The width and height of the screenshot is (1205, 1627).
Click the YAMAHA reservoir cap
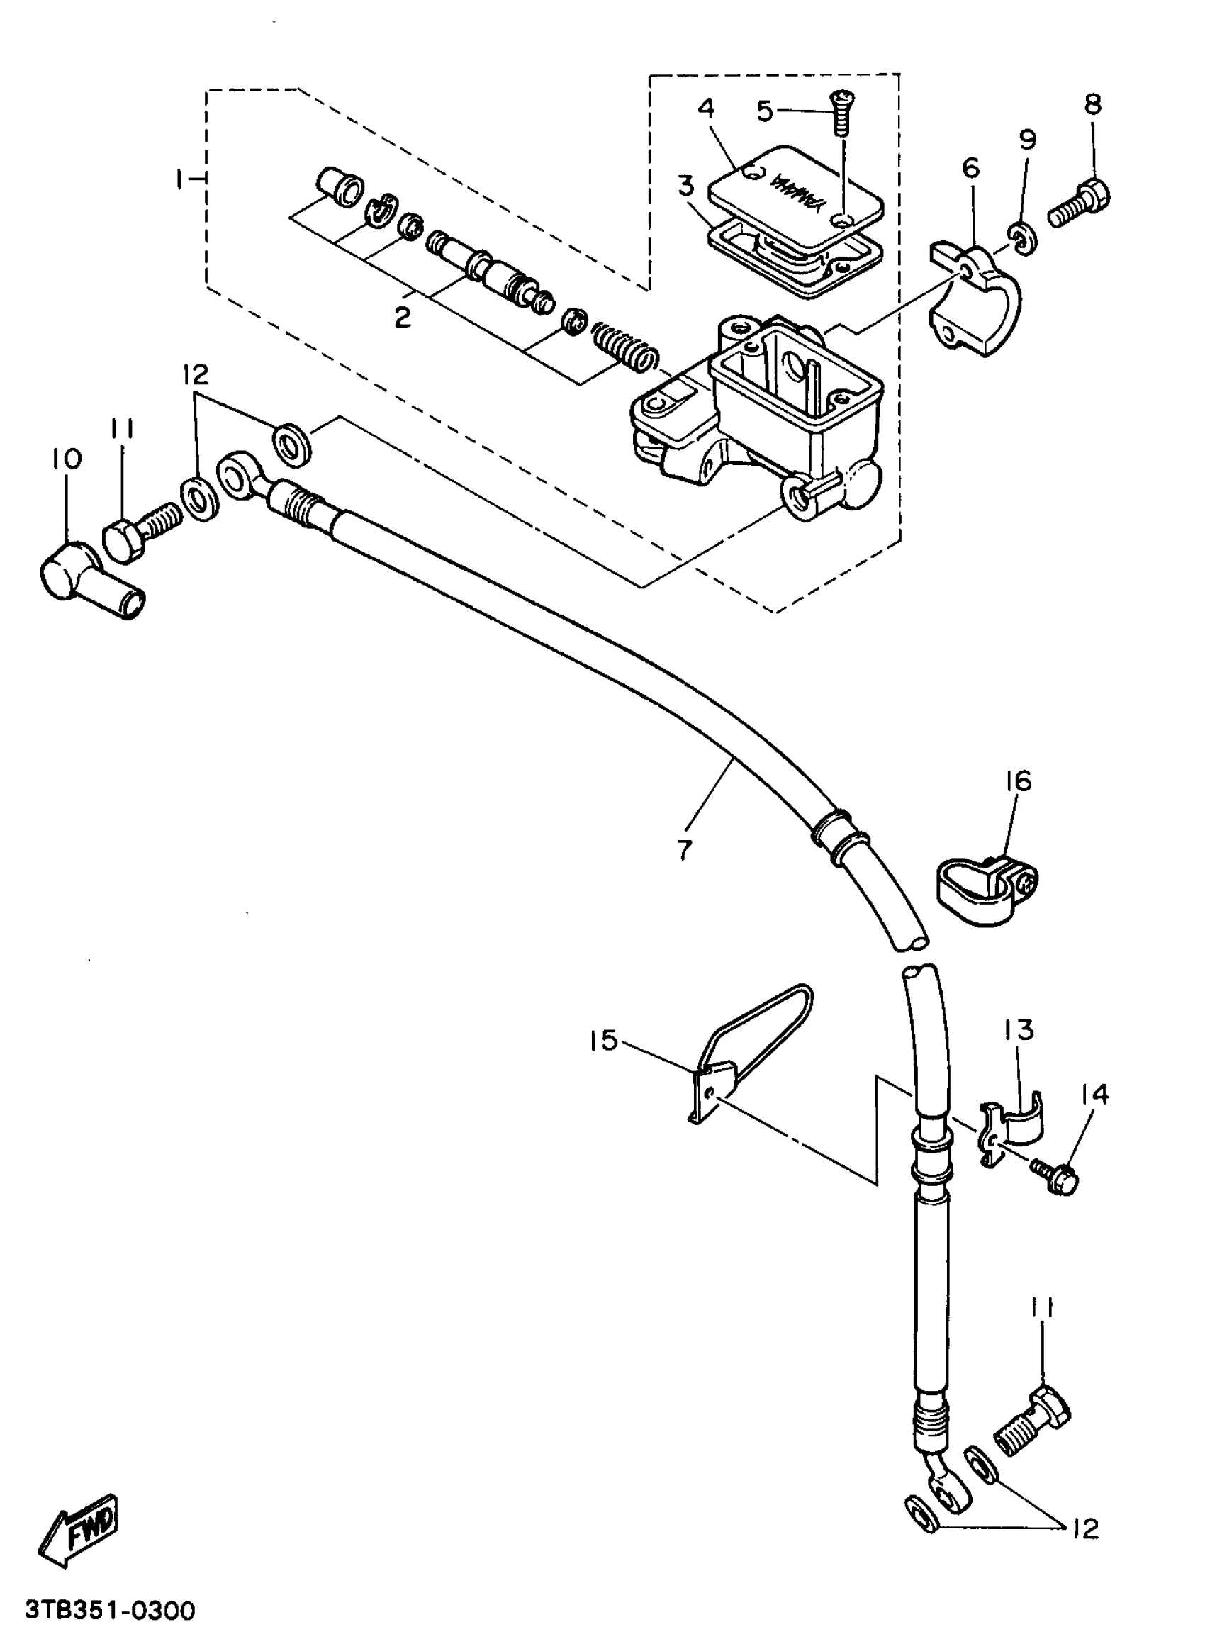796,191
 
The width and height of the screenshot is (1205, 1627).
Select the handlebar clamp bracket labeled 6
975,299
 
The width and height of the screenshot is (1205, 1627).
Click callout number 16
1019,781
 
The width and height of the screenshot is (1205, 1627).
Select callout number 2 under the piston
403,318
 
